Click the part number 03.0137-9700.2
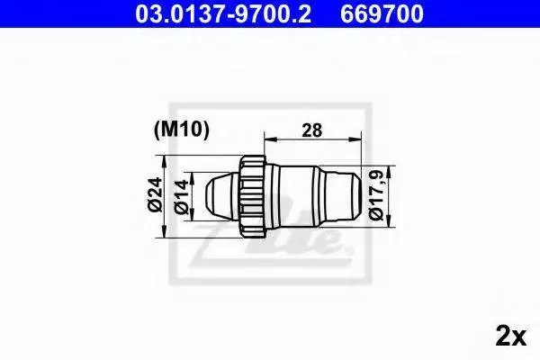(x=223, y=14)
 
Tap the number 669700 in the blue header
(x=382, y=14)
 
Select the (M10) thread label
(x=182, y=130)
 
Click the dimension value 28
(x=312, y=130)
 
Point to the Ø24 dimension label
(x=155, y=194)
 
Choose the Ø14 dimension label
(x=182, y=196)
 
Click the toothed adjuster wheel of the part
(x=252, y=196)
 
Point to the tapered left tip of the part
(x=221, y=196)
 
